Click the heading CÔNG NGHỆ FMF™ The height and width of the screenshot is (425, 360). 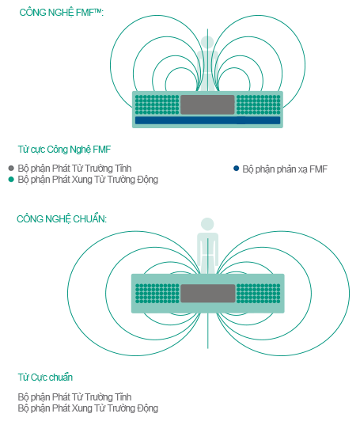tap(62, 13)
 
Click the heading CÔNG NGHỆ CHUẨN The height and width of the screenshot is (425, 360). tap(62, 219)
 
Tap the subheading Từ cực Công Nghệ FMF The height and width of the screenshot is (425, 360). tap(64, 150)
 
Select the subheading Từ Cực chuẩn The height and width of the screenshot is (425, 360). tap(45, 377)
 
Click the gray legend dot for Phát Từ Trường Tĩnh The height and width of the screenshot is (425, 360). tap(11, 169)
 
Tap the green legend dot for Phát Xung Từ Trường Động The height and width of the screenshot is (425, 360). tap(11, 180)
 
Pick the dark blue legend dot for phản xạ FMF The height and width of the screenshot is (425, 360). tap(237, 169)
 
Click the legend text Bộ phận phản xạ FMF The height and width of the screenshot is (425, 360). tap(285, 169)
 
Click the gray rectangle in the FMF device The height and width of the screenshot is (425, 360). tap(207, 104)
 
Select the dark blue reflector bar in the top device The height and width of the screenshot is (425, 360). tap(207, 120)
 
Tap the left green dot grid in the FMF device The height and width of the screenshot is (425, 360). tap(157, 104)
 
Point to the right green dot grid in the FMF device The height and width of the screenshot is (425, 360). tap(259, 104)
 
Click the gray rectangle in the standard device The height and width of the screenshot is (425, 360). tap(208, 294)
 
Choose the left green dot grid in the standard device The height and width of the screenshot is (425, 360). tap(157, 294)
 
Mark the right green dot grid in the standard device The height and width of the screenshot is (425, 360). tap(259, 294)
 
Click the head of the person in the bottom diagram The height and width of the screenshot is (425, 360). tap(207, 225)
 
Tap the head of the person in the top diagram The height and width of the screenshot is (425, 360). tap(207, 43)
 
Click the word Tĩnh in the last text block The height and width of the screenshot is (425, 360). tap(123, 397)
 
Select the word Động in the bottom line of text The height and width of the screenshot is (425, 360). tap(148, 408)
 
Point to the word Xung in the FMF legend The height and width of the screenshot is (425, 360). tap(80, 180)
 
